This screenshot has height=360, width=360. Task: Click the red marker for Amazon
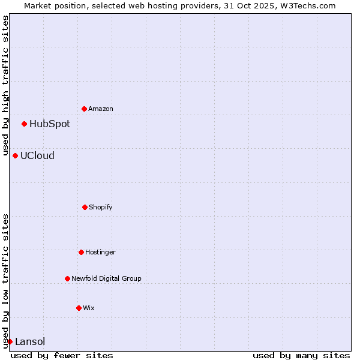click(84, 109)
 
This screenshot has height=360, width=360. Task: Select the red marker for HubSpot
click(24, 124)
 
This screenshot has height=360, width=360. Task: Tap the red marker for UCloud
click(15, 155)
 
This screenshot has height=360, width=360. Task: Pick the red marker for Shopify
click(85, 207)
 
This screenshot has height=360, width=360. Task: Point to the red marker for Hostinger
click(81, 252)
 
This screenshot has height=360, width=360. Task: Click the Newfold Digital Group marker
click(67, 278)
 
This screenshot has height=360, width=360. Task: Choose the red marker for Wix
click(79, 308)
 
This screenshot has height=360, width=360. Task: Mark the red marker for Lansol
click(10, 341)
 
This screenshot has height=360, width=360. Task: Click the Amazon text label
click(101, 109)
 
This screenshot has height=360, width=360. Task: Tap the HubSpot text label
click(50, 124)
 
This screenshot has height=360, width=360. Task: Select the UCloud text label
click(37, 155)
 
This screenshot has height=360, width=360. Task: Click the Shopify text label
click(101, 207)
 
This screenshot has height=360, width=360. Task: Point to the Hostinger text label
click(100, 252)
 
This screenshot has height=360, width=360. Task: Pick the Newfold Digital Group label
click(106, 278)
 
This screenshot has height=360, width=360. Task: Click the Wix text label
click(89, 308)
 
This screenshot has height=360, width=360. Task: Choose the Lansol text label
click(30, 341)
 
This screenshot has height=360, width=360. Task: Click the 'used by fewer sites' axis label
click(62, 355)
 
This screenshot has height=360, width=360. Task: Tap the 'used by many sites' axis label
click(301, 355)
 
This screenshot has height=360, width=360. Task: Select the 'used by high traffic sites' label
click(5, 84)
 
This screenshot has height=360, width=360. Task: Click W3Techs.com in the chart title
click(310, 5)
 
